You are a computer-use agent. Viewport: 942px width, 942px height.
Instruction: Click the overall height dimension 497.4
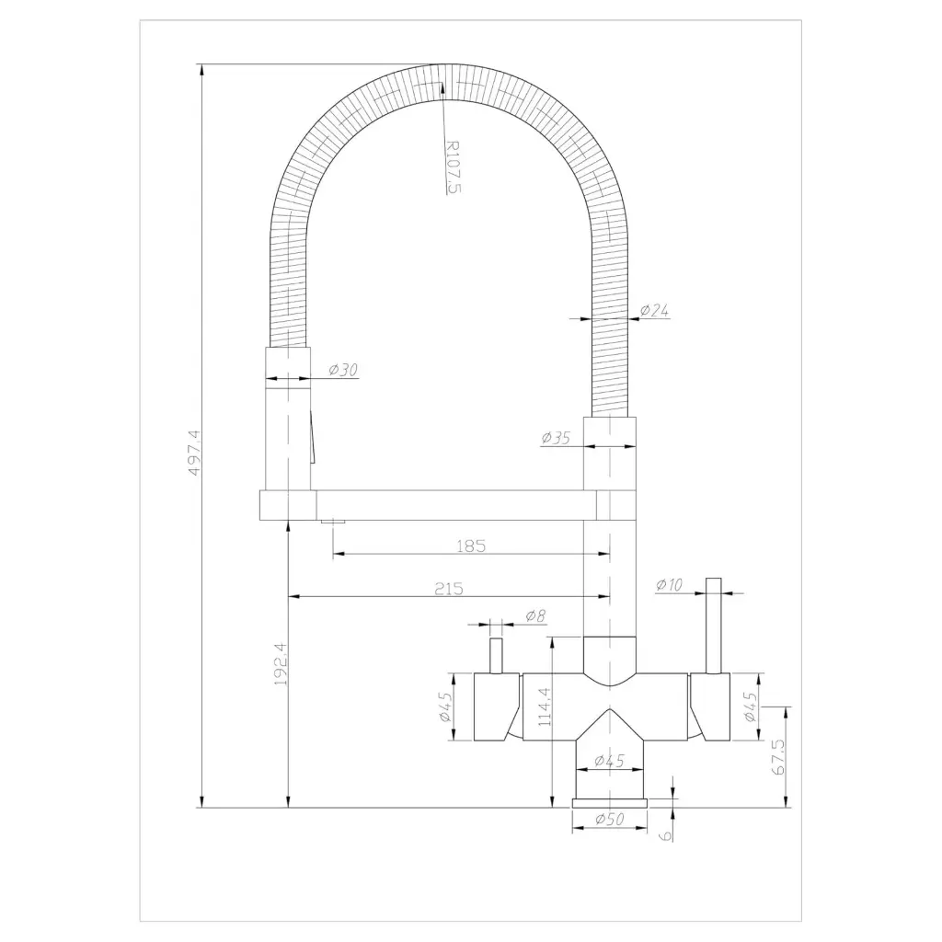192,453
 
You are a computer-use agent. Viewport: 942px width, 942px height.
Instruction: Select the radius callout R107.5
451,166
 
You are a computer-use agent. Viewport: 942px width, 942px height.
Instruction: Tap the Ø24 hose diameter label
654,311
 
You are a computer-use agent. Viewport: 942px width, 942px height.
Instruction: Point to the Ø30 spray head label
342,370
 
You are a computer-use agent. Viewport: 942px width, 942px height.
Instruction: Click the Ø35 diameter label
557,438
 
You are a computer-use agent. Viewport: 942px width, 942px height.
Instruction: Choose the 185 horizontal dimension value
470,546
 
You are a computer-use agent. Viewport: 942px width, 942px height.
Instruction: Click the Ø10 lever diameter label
670,584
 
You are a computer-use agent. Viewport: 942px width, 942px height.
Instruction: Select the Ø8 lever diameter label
535,615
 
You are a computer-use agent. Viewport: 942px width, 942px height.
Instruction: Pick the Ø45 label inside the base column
610,761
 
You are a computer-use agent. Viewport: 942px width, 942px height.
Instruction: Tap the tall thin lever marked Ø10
713,626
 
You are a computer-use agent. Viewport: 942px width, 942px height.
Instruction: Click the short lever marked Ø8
496,655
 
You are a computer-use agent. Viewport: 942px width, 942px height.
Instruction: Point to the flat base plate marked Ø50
610,803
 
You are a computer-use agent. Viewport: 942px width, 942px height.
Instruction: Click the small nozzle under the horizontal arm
332,523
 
